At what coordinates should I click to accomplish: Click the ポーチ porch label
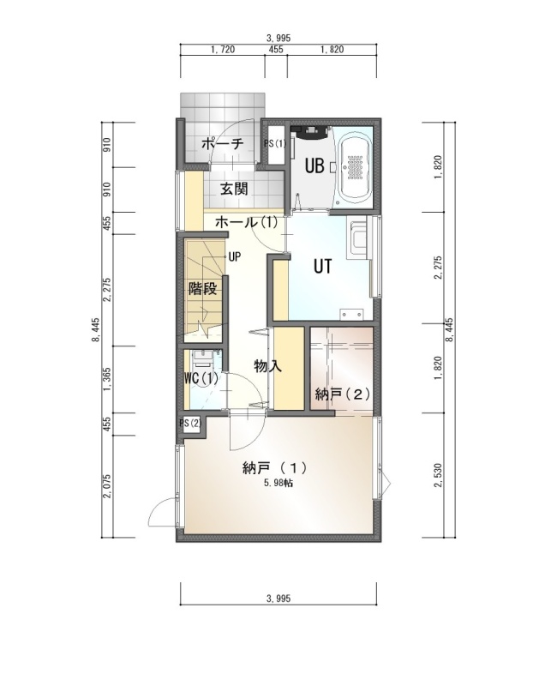(x=222, y=143)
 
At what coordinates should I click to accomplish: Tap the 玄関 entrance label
(x=234, y=189)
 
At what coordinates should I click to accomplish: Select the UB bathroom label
(x=314, y=166)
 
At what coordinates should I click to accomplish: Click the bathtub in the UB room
(x=355, y=167)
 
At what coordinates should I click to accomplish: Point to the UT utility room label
(x=323, y=267)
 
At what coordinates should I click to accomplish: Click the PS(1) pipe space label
(x=275, y=143)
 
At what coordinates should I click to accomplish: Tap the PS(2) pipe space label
(x=190, y=423)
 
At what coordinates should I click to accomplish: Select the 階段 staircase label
(x=202, y=288)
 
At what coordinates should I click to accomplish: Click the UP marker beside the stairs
(x=235, y=256)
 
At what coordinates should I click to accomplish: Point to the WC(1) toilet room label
(x=201, y=378)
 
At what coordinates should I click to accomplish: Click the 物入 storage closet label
(x=268, y=366)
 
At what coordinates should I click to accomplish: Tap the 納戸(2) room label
(x=343, y=394)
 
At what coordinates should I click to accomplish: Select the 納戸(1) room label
(x=274, y=468)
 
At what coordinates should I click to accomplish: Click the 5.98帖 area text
(x=278, y=483)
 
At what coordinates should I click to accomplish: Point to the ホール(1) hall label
(x=246, y=222)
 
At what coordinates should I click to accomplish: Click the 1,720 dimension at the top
(x=223, y=50)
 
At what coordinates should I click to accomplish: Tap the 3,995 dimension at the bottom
(x=278, y=598)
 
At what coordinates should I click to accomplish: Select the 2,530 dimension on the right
(x=439, y=475)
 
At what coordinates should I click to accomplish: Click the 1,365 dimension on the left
(x=108, y=379)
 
